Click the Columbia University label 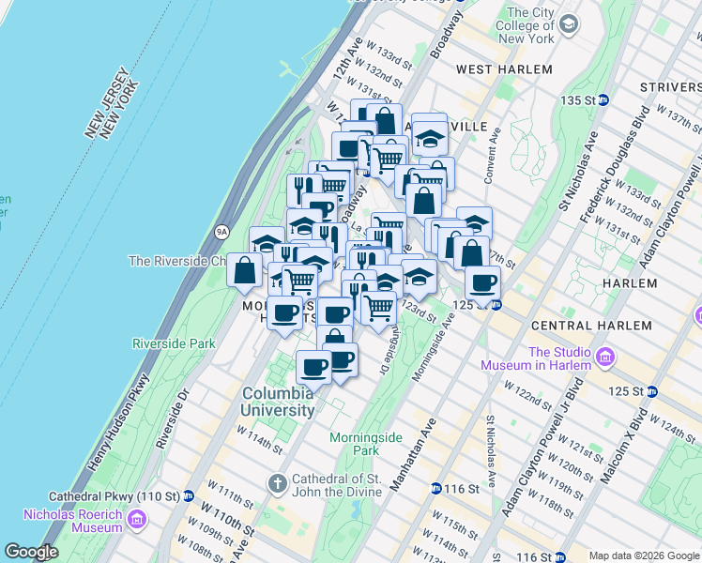coord(278,402)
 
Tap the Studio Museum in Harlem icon coord(604,358)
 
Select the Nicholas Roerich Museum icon coord(137,519)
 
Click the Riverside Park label coord(175,344)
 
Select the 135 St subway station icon coord(604,99)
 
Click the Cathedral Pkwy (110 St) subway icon coord(190,495)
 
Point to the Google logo coord(32,552)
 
